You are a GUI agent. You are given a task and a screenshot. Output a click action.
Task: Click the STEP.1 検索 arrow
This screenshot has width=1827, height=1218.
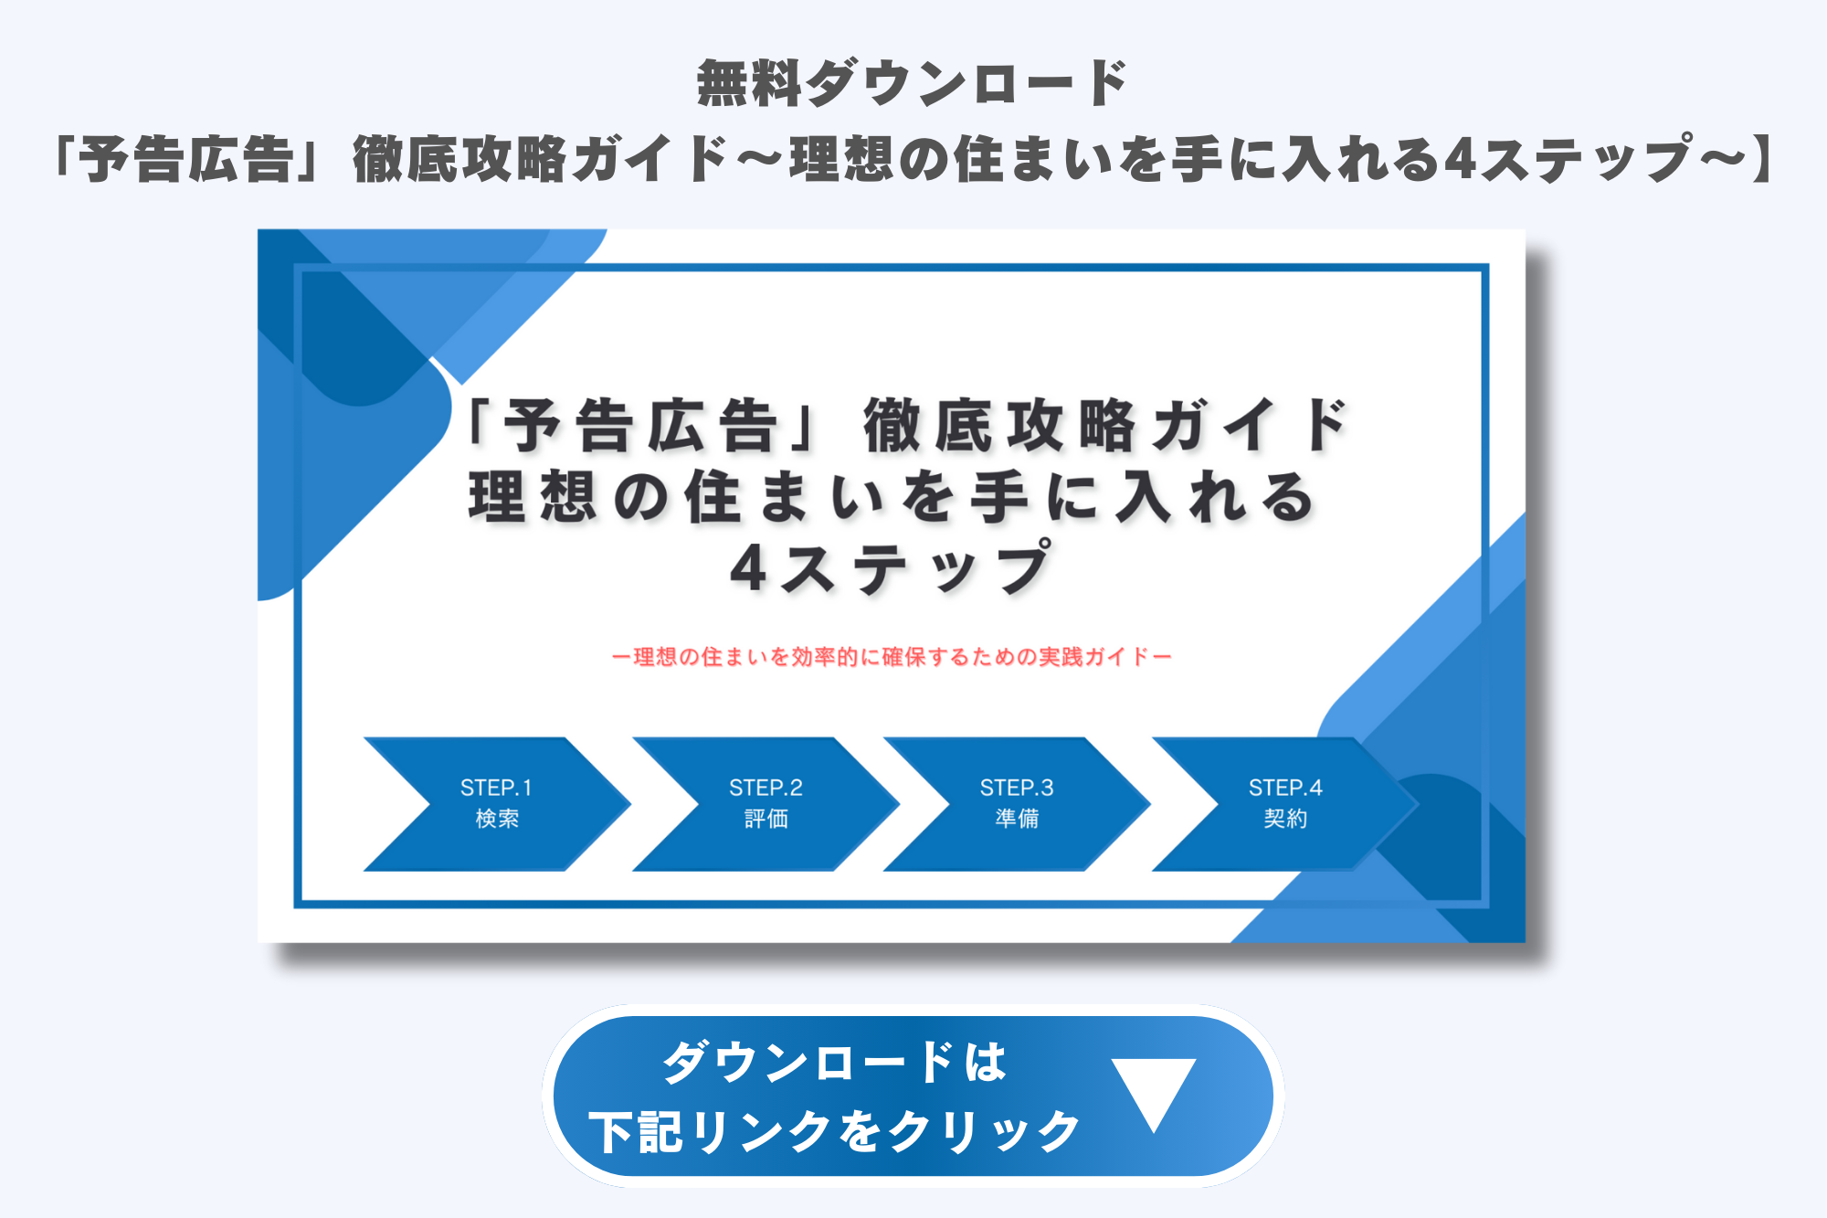[x=498, y=804]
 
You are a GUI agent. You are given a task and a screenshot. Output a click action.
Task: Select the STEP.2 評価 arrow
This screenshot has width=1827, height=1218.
[x=766, y=804]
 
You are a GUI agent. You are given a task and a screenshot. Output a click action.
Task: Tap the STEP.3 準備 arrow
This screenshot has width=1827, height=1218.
[x=1017, y=804]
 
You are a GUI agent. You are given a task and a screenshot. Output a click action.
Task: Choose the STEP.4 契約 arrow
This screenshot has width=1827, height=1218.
[x=1285, y=804]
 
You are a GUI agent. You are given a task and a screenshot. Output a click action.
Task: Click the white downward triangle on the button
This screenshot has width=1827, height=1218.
[x=1154, y=1089]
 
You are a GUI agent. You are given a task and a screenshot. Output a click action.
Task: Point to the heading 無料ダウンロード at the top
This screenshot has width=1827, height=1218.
[x=912, y=83]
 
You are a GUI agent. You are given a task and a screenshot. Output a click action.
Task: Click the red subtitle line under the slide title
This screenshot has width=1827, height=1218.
[x=892, y=656]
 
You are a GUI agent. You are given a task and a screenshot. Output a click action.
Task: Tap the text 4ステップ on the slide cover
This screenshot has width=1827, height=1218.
[x=892, y=567]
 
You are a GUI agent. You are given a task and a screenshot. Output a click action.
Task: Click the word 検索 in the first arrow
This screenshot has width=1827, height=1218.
[x=497, y=819]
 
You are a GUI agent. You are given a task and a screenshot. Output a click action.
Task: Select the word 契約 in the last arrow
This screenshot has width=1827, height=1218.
[x=1285, y=819]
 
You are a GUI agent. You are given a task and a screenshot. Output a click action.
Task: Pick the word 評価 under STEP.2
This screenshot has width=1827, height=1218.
[x=766, y=819]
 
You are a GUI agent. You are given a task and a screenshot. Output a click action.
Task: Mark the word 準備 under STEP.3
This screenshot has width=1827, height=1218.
[x=1017, y=819]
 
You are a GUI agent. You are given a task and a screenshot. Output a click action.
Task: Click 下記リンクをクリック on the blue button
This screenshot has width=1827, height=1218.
[x=834, y=1132]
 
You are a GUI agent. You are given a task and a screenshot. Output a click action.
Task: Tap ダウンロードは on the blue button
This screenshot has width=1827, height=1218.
[x=834, y=1063]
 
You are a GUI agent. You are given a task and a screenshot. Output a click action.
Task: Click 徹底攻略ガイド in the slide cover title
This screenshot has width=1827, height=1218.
[x=1106, y=426]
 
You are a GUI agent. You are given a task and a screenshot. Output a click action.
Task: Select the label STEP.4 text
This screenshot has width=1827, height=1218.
[x=1285, y=788]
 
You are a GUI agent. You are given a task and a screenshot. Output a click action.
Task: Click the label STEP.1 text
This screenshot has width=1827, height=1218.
[x=496, y=788]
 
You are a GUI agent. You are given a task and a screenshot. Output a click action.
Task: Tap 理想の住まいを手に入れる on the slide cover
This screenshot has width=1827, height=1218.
[x=892, y=498]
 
